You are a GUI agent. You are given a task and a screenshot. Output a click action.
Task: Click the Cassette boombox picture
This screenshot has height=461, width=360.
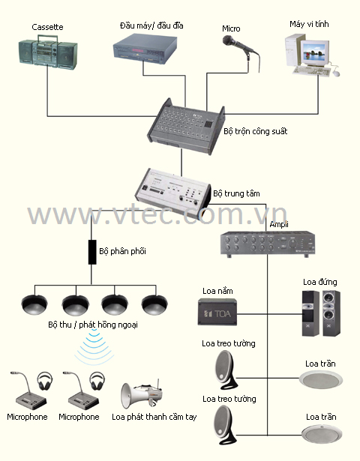pos(48,52)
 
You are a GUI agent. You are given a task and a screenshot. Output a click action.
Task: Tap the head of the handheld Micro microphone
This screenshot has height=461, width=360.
pos(228,40)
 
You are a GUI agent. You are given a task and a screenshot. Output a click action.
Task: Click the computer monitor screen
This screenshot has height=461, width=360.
pos(314,51)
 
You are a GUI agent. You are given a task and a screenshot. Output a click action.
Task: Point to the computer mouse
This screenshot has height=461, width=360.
pos(336,73)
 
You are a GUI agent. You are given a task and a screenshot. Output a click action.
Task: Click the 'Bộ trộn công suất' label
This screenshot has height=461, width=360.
pos(255,131)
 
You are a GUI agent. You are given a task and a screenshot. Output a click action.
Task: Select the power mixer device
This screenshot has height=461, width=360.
pos(186,127)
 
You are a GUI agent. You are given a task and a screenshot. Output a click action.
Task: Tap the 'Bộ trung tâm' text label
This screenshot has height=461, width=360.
pos(236,193)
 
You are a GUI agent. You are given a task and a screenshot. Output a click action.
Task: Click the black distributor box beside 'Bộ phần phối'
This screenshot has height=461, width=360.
pos(92,252)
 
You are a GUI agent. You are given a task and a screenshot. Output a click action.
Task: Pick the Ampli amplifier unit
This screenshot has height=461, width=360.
pos(267,244)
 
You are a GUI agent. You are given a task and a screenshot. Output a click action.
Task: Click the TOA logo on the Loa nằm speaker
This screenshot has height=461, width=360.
pos(217,313)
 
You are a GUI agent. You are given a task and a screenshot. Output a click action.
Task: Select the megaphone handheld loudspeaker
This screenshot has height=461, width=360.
pos(142,395)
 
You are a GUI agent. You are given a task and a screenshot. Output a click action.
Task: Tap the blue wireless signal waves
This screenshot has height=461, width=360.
pos(94,347)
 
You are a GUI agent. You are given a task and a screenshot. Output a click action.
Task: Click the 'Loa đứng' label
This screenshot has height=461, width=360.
pos(320,282)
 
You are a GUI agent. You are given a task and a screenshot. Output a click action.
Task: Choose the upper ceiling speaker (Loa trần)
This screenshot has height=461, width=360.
pos(321,379)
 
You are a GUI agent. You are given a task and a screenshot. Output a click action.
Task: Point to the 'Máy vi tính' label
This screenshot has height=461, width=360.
pos(309,24)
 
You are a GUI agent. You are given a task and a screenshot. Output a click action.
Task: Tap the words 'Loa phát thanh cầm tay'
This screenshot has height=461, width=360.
pos(154,417)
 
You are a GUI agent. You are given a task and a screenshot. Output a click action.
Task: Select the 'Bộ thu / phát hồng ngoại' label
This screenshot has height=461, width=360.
pos(93,325)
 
